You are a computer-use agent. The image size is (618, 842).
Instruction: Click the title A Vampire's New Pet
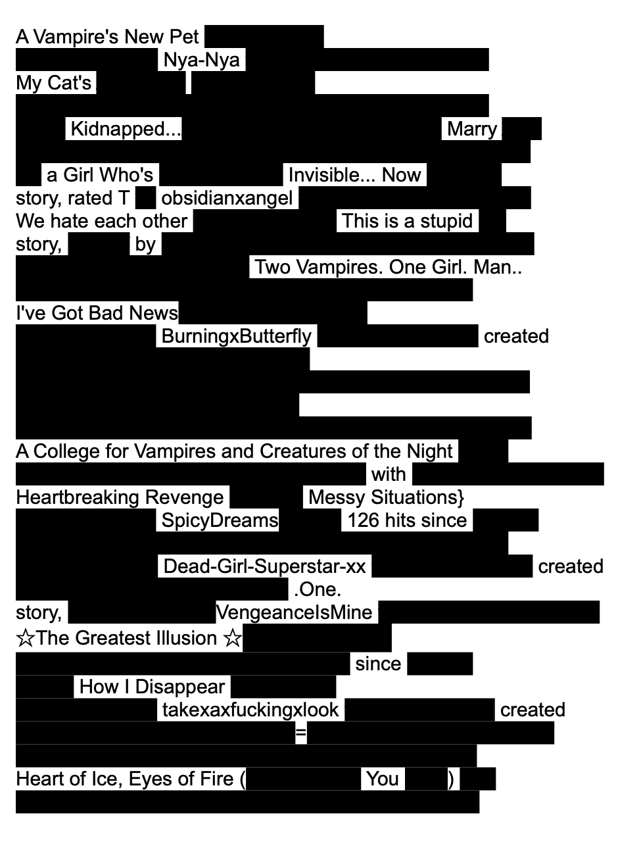pos(107,37)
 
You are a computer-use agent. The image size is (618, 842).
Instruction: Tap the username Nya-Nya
pos(201,61)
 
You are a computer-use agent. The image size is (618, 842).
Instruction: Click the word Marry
pos(472,129)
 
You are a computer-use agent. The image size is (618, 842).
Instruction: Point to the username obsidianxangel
pos(227,198)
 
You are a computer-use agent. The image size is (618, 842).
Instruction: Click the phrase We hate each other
pos(102,221)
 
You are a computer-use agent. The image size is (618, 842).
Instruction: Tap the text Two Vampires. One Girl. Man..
pos(388,267)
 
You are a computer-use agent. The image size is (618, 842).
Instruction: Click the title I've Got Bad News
pos(97,313)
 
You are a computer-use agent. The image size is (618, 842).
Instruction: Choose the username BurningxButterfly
pos(237,336)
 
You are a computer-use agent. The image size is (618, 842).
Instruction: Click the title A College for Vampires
pos(234,451)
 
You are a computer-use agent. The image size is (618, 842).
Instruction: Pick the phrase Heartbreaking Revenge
pos(120,497)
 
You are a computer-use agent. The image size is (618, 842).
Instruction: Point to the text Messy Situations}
pos(386,497)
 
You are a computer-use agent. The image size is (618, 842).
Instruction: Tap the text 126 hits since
pos(407,520)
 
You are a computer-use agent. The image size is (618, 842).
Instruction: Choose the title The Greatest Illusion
pos(129,638)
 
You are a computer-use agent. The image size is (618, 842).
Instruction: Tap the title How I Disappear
pos(152,687)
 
